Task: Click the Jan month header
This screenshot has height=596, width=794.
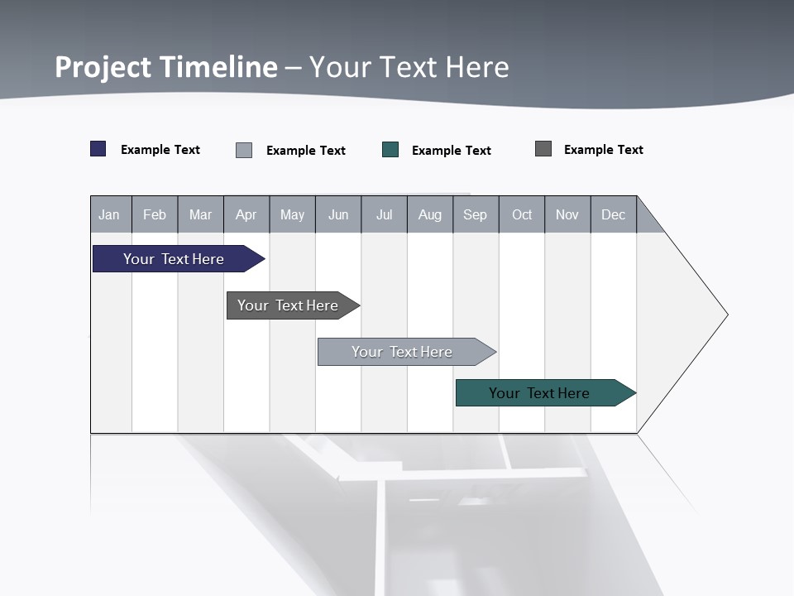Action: (x=110, y=214)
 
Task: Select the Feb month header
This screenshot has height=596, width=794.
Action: (x=155, y=214)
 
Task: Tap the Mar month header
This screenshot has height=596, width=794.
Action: (x=200, y=214)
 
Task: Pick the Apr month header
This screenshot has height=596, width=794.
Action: (x=246, y=214)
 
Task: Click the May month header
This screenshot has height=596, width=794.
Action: (x=292, y=214)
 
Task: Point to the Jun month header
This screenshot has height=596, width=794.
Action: (x=338, y=214)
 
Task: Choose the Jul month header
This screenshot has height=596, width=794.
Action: (x=384, y=214)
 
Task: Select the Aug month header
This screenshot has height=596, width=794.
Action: (x=430, y=214)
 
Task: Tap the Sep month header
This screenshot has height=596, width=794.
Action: (x=476, y=214)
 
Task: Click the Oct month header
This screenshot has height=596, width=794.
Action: (x=522, y=214)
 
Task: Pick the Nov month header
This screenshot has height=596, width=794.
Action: (x=567, y=214)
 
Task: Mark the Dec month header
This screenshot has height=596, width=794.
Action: (x=614, y=214)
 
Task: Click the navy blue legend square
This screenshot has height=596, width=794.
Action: (x=98, y=149)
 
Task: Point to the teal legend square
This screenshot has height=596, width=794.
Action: (x=390, y=150)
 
